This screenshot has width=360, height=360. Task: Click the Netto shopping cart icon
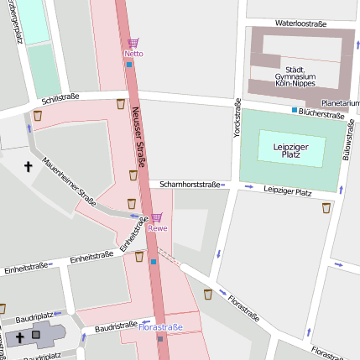pos(133,43)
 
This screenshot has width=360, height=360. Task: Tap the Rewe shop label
pos(157,228)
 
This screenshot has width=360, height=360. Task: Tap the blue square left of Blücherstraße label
pos(295,110)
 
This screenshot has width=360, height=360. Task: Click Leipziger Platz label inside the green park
pos(292,149)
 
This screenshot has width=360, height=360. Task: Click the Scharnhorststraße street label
pos(190,184)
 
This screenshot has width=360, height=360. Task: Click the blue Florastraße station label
pos(159,326)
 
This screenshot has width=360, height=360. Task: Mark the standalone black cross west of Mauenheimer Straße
pos(28,167)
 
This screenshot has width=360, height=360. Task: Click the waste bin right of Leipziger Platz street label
pos(326,207)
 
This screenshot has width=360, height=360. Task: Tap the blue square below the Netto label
pos(129,64)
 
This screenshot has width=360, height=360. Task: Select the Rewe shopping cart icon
pos(156,217)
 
